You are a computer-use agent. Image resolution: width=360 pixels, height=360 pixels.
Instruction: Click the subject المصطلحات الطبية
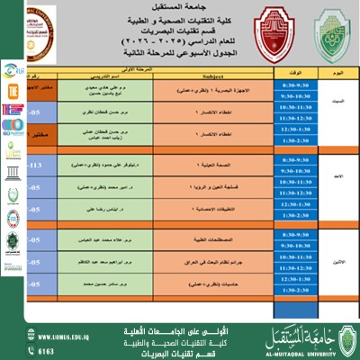198,240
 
